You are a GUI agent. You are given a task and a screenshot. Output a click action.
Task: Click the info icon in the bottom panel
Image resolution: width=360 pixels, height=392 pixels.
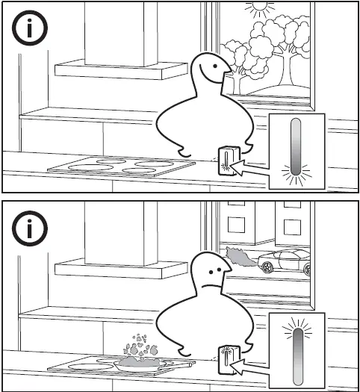[x=31, y=229]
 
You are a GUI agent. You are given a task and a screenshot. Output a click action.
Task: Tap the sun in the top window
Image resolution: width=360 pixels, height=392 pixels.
[x=260, y=10]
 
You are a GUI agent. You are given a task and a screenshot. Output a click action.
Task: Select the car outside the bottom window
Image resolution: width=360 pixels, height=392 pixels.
[x=284, y=261]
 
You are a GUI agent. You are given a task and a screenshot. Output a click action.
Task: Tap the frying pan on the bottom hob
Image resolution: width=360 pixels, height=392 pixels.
[x=142, y=362]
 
